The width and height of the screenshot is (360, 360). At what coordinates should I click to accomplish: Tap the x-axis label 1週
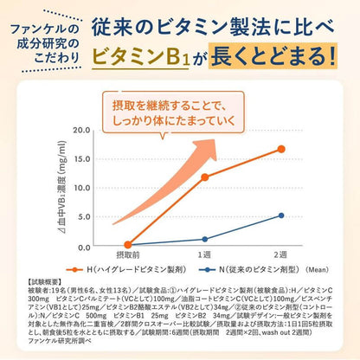click(205, 256)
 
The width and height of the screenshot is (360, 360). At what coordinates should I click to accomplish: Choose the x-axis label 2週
click(280, 256)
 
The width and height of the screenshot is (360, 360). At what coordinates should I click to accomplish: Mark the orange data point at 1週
click(205, 177)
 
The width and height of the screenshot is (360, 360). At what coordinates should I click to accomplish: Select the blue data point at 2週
click(280, 215)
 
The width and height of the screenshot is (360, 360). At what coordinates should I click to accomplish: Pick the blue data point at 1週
click(205, 239)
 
